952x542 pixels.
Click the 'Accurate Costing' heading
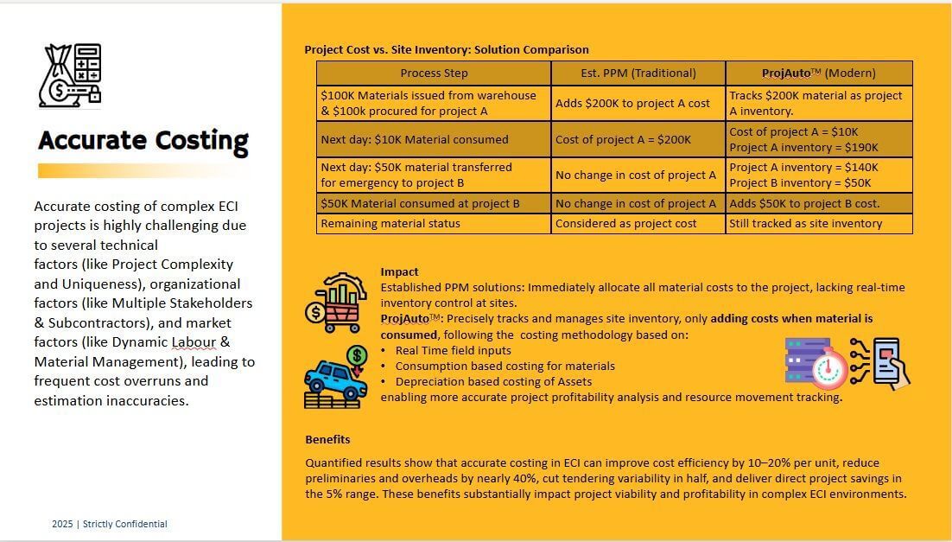point(143,140)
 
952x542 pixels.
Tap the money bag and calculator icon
point(72,75)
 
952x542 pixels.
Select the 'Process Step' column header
point(434,73)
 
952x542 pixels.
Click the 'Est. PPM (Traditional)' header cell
point(638,73)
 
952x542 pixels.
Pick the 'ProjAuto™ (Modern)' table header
point(818,73)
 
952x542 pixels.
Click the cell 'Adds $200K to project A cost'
point(632,103)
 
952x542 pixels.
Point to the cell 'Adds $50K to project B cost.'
point(804,204)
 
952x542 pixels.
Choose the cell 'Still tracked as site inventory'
point(806,224)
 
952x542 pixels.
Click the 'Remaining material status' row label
point(390,224)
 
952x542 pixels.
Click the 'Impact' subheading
point(399,271)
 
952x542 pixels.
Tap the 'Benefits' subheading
point(327,439)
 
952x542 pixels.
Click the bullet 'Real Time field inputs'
point(453,350)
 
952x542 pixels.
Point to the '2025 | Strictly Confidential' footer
point(110,524)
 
